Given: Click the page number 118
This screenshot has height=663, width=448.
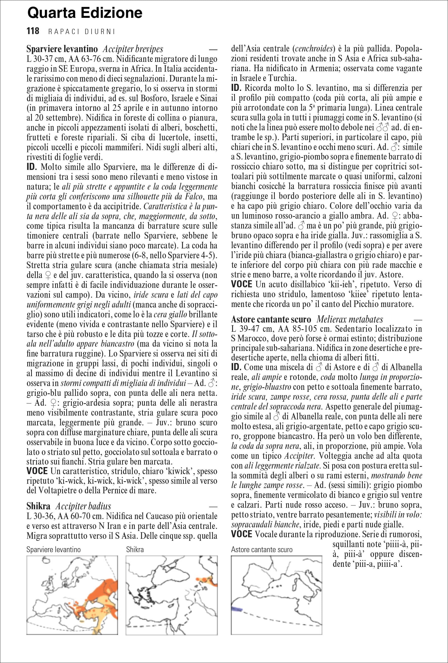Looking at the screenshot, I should [33, 31].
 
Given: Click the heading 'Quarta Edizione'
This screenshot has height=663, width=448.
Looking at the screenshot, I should [85, 13].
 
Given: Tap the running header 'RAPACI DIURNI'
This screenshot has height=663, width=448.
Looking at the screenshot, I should [81, 31].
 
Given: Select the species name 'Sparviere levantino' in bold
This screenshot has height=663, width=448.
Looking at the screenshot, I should [62, 49].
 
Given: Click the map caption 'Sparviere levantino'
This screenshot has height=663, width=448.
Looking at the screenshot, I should [53, 549].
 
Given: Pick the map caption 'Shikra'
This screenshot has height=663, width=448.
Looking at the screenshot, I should [135, 549].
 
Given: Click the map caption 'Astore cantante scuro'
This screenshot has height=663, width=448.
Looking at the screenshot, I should [262, 549].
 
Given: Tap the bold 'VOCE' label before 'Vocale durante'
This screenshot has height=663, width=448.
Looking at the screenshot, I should [241, 534].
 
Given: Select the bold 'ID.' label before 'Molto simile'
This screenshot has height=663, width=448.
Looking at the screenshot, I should [32, 167].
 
